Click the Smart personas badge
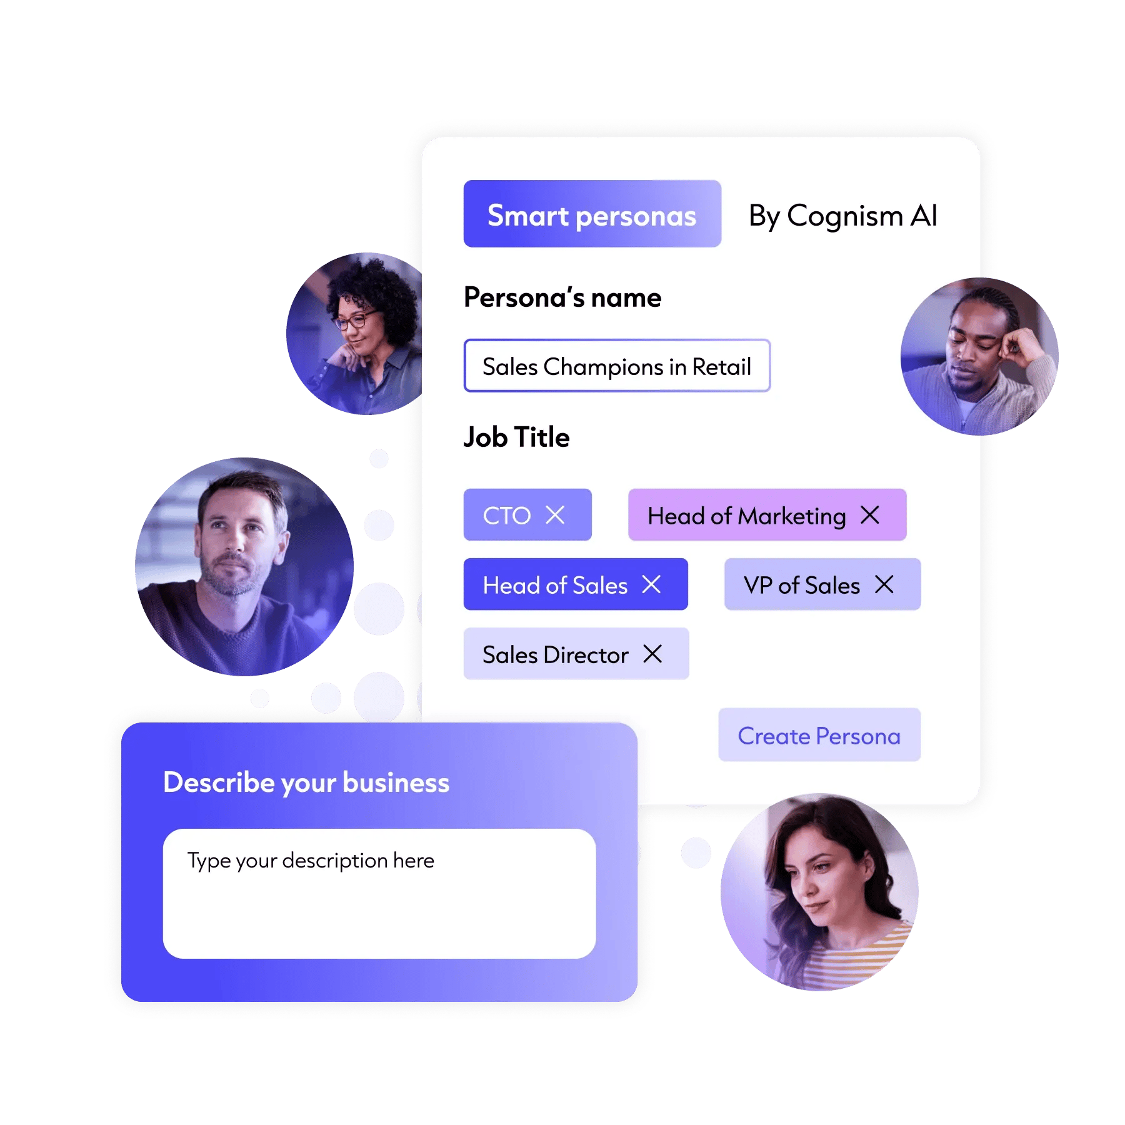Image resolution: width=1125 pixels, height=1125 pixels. coord(592,214)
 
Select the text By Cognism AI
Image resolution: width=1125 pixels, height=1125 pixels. coord(842,216)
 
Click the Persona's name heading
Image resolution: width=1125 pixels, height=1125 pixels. coord(562,297)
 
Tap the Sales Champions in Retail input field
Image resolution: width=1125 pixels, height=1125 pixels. coord(617,366)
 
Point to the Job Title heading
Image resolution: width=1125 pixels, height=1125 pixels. coord(516,437)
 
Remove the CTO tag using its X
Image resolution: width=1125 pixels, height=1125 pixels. coord(555,515)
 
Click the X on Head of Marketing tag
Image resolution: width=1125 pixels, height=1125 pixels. coord(870,515)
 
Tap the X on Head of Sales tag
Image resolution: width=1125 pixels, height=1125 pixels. coord(651,584)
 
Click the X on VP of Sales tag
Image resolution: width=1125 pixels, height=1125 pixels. coord(884,584)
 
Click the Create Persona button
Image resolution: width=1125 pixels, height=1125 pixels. coord(819,735)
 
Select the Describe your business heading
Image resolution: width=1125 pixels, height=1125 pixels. coord(306,782)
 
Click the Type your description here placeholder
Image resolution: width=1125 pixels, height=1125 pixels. coord(311,861)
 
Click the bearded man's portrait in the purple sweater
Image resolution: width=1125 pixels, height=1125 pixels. coord(244,566)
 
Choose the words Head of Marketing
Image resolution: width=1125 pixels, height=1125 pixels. coord(746,516)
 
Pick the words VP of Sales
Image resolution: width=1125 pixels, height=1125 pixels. coord(802,585)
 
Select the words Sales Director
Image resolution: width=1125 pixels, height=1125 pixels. coord(555,654)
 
